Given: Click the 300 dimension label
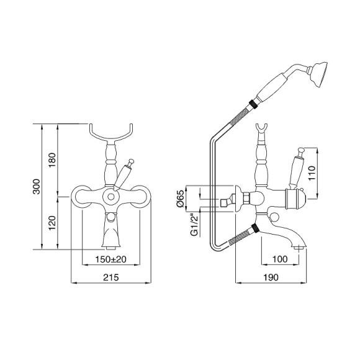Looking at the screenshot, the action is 37,186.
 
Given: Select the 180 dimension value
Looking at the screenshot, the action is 52,160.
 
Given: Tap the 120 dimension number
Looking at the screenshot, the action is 52,223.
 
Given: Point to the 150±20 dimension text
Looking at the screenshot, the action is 111,259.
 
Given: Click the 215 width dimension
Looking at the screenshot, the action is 111,277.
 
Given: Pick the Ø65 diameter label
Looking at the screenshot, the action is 181,199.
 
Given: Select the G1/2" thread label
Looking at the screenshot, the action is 194,224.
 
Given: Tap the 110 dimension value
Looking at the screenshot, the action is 312,173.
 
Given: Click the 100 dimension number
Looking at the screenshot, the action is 280,259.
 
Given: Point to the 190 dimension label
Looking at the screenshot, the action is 271,277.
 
